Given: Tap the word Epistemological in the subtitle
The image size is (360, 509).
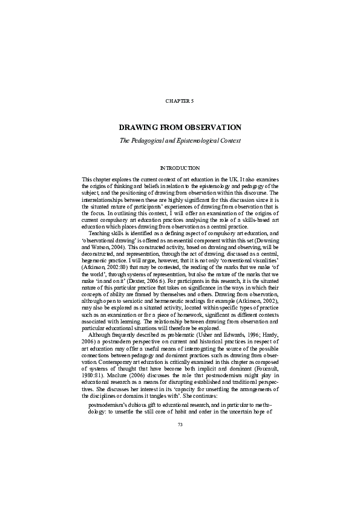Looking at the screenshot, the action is [x=211, y=140].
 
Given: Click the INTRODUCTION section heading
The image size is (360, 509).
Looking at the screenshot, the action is [x=180, y=167].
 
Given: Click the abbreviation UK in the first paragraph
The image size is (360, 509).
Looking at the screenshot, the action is [x=232, y=180].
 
